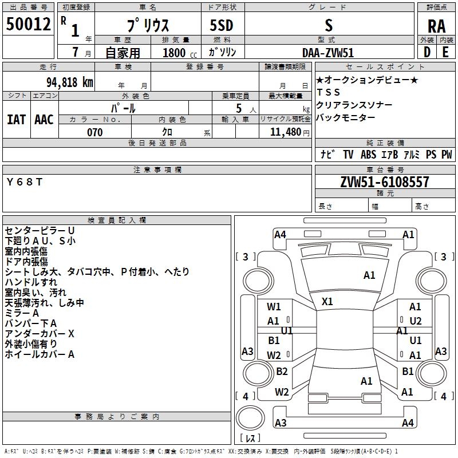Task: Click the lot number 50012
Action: click(x=28, y=24)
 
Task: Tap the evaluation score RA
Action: click(x=436, y=26)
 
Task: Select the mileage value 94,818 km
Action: click(x=70, y=82)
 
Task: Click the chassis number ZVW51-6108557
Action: click(x=385, y=182)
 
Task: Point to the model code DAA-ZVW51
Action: click(x=328, y=53)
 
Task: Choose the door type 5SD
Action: click(x=222, y=25)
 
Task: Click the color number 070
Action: click(x=94, y=132)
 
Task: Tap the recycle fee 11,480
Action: click(x=286, y=132)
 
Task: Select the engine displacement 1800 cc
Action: click(x=180, y=53)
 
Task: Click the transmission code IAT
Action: click(x=16, y=120)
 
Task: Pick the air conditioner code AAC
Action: click(x=44, y=120)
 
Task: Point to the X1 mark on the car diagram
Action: click(x=327, y=302)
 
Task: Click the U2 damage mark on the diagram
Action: click(x=416, y=321)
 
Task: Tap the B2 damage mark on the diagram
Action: click(x=282, y=371)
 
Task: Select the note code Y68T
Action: click(x=25, y=182)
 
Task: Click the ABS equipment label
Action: click(x=368, y=154)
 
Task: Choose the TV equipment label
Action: click(x=348, y=154)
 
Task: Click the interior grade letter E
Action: click(x=445, y=52)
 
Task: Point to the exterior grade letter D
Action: click(x=427, y=52)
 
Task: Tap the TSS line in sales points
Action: click(x=328, y=92)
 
